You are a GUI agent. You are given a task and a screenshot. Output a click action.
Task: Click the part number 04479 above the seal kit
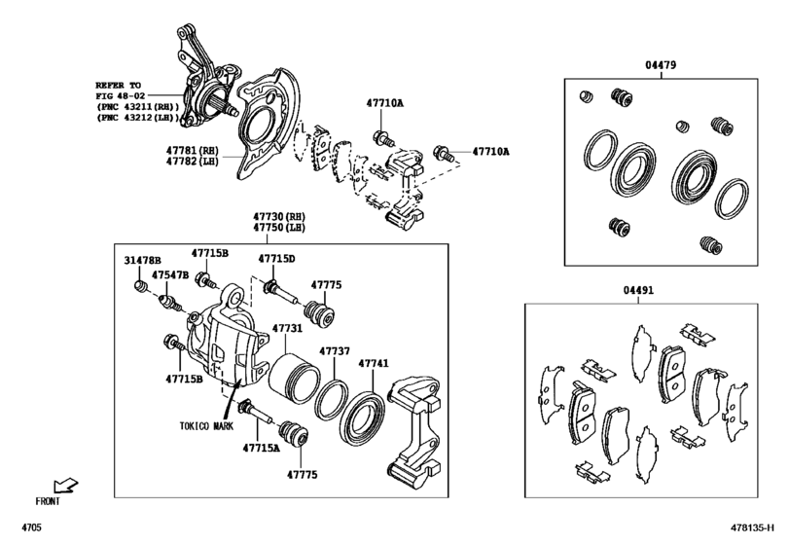pyautogui.click(x=660, y=65)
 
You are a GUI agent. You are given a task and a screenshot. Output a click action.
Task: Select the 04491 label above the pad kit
pyautogui.click(x=640, y=289)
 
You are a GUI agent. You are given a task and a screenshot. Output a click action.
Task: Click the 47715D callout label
pyautogui.click(x=276, y=258)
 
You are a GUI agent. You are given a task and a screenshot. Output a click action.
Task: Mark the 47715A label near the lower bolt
pyautogui.click(x=261, y=450)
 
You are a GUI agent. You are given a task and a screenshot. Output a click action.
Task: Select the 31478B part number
pyautogui.click(x=142, y=261)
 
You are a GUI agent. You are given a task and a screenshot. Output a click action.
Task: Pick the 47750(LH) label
pyautogui.click(x=280, y=228)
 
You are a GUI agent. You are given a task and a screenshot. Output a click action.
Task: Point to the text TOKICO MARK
pyautogui.click(x=207, y=426)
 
